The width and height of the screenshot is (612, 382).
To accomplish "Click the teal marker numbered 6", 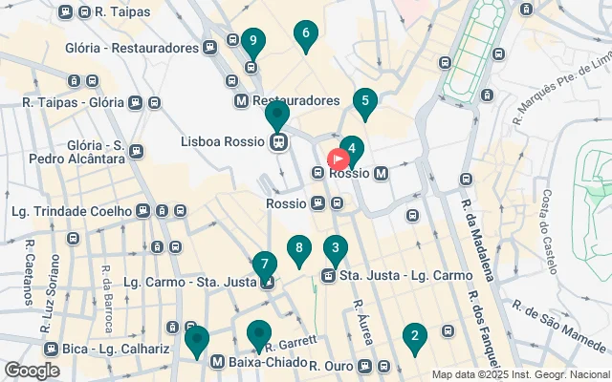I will click(306, 36).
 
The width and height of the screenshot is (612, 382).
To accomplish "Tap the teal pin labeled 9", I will click(251, 41).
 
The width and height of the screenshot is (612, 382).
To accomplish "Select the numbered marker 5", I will click(364, 101).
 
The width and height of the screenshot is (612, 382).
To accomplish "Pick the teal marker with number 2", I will click(414, 336).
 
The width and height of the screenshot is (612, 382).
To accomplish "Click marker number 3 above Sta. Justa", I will click(335, 251).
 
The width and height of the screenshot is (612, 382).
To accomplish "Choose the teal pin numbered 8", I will click(299, 250).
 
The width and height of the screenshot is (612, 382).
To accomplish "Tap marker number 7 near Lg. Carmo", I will click(265, 265).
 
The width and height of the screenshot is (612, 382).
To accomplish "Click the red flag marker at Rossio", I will click(339, 159).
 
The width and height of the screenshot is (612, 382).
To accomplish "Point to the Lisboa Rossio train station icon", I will click(278, 142).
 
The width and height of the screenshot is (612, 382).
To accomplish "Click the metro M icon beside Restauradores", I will click(241, 100).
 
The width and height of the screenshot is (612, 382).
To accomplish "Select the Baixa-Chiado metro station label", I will click(268, 363).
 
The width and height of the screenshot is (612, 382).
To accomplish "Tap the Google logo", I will click(32, 370).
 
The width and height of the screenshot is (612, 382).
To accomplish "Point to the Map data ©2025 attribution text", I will click(519, 374).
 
